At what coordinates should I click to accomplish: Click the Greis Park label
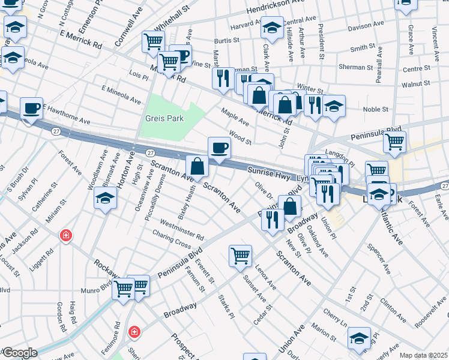(x=164, y=118)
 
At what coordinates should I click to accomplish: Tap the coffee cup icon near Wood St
(x=219, y=147)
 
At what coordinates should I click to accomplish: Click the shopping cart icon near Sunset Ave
(x=240, y=255)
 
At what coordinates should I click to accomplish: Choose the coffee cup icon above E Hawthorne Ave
(x=31, y=108)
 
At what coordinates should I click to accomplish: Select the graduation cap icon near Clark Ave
(x=272, y=28)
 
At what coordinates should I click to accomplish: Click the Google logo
(x=19, y=353)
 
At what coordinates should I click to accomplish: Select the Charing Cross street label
(x=171, y=239)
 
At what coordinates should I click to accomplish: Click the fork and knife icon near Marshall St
(x=223, y=78)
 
